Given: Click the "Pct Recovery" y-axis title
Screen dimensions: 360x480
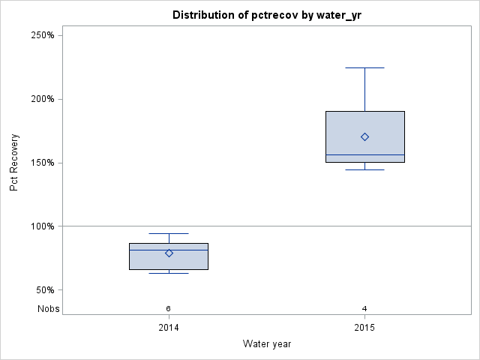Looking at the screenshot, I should [14, 163].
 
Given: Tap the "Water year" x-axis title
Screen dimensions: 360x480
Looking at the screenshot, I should [267, 343].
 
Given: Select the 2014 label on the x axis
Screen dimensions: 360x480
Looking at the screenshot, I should [169, 328].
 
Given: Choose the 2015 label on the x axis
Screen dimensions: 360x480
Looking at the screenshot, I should [364, 328].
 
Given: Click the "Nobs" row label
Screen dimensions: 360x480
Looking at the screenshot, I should [49, 308].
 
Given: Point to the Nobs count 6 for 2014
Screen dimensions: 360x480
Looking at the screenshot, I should [169, 308].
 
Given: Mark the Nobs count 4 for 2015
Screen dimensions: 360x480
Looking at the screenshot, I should [364, 308].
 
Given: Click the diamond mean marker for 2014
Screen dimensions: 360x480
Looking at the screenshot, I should [169, 253].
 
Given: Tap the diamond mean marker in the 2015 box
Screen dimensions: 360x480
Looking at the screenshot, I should [364, 136].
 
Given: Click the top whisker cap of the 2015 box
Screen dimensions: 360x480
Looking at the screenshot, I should [364, 67].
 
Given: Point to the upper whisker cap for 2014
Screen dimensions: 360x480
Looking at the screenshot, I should [169, 233].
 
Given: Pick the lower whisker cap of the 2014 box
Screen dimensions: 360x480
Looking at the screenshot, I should [169, 273].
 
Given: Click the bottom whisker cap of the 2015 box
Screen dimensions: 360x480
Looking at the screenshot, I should [364, 169].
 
